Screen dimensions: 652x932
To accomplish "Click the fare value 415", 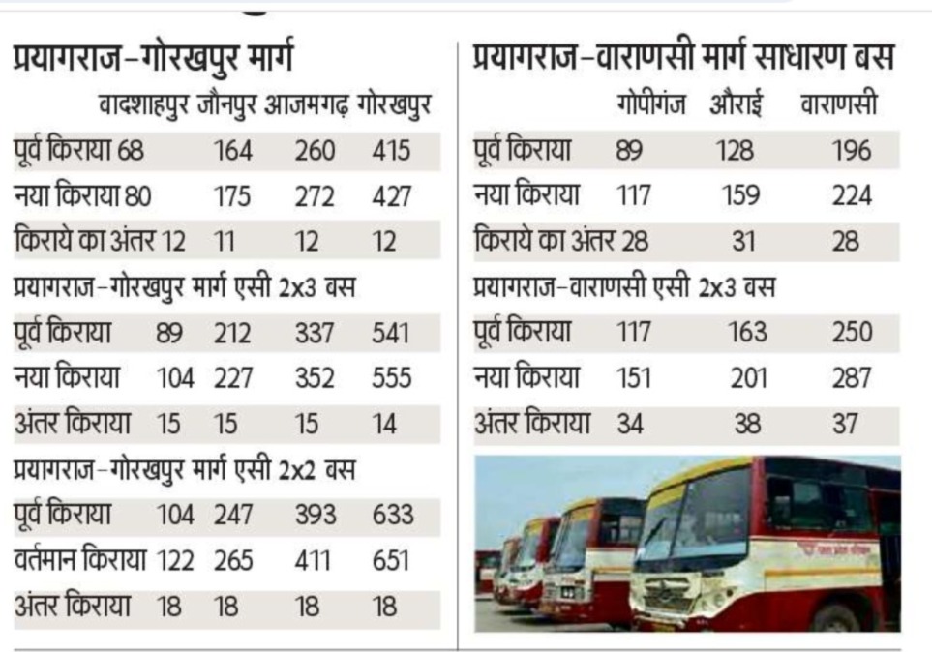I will (391, 151).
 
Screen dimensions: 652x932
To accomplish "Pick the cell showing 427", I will (391, 196).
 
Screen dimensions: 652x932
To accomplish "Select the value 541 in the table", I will (391, 334).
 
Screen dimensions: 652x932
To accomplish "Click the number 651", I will (391, 560).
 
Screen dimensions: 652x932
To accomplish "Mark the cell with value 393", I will (315, 515).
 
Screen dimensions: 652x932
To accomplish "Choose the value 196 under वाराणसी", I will (851, 151).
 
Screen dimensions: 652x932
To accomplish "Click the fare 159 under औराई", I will (741, 196).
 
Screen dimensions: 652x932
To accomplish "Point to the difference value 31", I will (741, 241).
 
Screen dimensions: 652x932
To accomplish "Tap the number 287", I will (851, 377).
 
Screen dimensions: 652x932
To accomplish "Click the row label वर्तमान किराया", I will (79, 559).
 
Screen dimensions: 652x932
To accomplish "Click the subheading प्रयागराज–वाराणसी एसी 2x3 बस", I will (623, 287).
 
